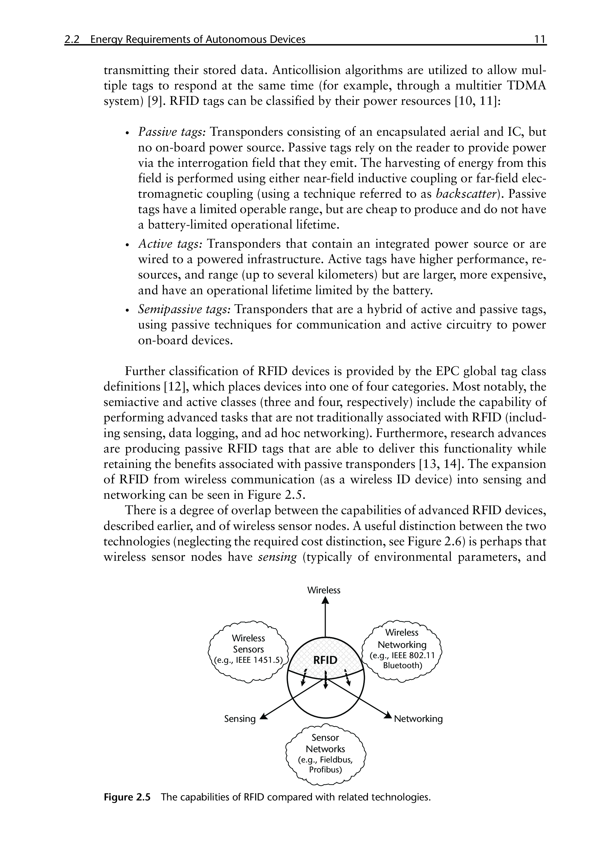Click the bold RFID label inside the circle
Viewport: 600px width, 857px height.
click(x=325, y=660)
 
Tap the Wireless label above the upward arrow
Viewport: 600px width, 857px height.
click(x=324, y=590)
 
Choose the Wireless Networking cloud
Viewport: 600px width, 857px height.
click(x=402, y=650)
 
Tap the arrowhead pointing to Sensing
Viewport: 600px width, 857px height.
click(x=264, y=716)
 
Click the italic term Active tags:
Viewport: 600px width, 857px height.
click(x=170, y=244)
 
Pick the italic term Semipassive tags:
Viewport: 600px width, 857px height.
click(x=185, y=309)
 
